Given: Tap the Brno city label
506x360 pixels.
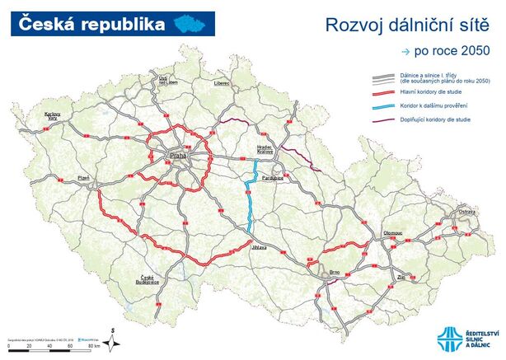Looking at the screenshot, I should [x=335, y=271].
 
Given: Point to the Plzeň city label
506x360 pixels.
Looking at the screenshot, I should [x=82, y=177].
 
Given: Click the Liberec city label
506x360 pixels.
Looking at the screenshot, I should [x=221, y=84].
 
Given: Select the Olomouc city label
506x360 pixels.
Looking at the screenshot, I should [x=392, y=233].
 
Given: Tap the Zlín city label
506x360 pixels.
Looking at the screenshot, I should [x=401, y=278].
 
